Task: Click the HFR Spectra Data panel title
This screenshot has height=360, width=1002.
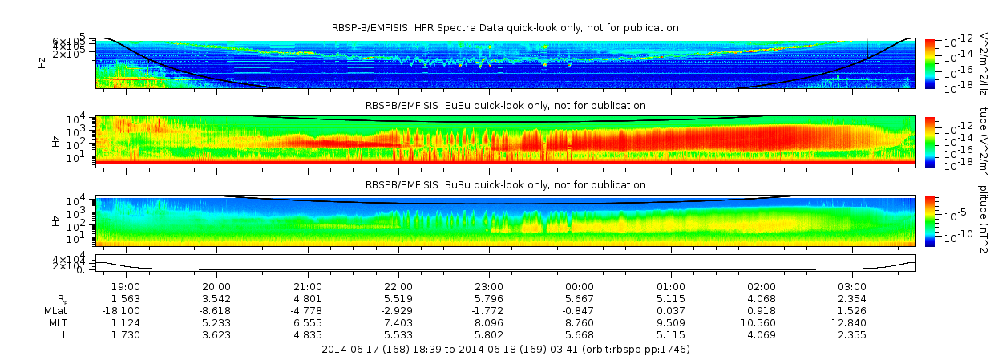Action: click(x=505, y=28)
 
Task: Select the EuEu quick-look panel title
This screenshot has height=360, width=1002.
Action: click(x=505, y=106)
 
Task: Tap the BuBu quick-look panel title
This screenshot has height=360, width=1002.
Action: click(x=505, y=184)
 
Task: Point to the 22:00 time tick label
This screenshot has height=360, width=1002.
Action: click(x=398, y=287)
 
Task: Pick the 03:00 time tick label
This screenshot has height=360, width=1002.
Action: click(x=852, y=287)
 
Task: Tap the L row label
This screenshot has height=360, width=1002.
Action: click(x=64, y=334)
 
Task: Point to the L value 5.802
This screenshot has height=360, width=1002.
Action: click(x=489, y=334)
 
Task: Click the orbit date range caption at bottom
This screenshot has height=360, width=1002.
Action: click(x=505, y=350)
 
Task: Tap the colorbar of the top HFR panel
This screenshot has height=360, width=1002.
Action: click(x=930, y=63)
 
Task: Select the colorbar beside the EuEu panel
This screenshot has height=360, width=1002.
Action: click(x=930, y=141)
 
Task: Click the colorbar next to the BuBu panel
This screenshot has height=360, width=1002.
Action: click(x=930, y=220)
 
